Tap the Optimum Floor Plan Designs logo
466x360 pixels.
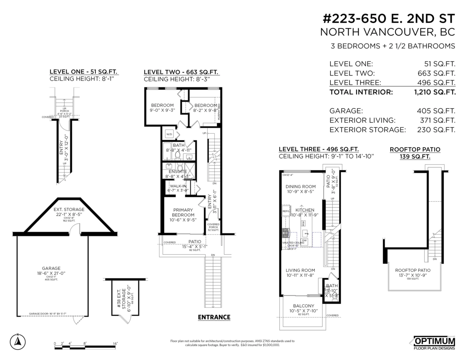pyautogui.click(x=434, y=343)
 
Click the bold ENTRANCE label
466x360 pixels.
pyautogui.click(x=214, y=317)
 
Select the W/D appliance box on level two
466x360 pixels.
pyautogui.click(x=169, y=134)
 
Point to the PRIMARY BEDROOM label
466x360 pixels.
pyautogui.click(x=183, y=212)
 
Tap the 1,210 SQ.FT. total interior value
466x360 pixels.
pyautogui.click(x=435, y=92)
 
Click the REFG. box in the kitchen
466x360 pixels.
pyautogui.click(x=286, y=211)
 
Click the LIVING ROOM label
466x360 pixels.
pyautogui.click(x=300, y=270)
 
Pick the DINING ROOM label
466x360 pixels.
pyautogui.click(x=301, y=186)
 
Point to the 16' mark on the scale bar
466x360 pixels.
pyautogui.click(x=115, y=344)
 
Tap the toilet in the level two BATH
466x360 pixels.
pyautogui.click(x=177, y=156)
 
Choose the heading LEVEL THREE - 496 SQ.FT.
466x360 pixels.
pyautogui.click(x=318, y=149)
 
